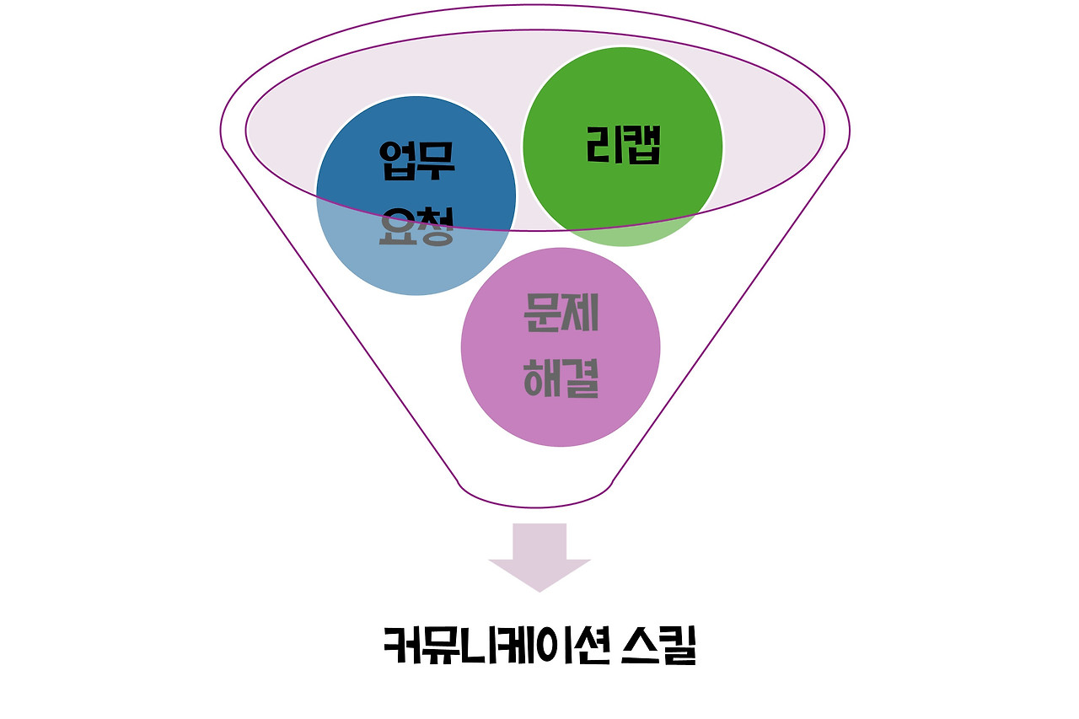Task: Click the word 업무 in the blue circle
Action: click(416, 162)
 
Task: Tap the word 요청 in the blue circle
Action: click(416, 225)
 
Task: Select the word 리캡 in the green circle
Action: click(624, 146)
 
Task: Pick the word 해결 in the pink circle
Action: click(561, 378)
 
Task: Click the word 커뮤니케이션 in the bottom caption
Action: click(485, 646)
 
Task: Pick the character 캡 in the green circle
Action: click(642, 146)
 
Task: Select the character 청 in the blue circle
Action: click(436, 225)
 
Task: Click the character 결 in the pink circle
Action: click(580, 378)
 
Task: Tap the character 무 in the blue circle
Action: click(436, 162)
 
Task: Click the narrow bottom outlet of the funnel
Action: click(536, 494)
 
